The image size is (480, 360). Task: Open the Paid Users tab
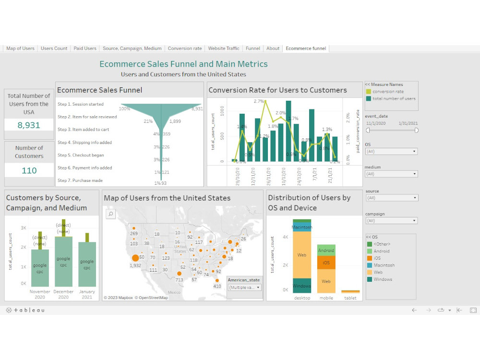coord(85,48)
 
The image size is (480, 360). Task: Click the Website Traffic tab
coord(223,48)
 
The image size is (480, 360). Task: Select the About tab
coord(273,48)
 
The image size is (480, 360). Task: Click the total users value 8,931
coord(29,125)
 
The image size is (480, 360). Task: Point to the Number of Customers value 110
coord(29,170)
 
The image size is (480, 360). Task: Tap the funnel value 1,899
coord(175,121)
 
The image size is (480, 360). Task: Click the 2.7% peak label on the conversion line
coord(259,101)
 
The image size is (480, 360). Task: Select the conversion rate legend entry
coord(388,92)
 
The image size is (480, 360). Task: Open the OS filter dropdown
coord(391,152)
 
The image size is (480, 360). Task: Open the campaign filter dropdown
coord(391,221)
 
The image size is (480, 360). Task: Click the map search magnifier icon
coord(110,214)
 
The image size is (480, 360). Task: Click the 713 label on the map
coord(180,279)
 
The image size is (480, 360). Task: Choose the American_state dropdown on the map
coord(244,288)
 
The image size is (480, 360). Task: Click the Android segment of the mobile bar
coord(326,251)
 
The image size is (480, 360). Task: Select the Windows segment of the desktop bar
coord(302,286)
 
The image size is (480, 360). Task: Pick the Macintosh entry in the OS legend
coord(384,265)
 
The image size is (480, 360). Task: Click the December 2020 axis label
coord(64,294)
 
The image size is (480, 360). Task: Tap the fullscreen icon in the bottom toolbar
coord(473,310)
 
